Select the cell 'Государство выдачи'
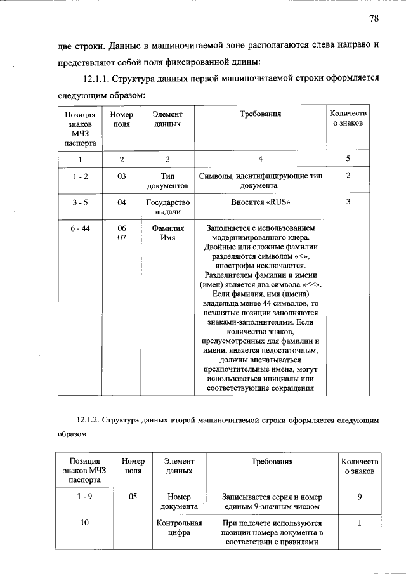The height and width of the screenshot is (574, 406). pos(167,207)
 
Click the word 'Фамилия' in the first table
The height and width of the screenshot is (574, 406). pos(167,228)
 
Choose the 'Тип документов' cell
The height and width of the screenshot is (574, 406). pos(167,181)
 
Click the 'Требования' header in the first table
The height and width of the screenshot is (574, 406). pos(260,114)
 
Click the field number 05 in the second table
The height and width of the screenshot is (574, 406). pos(133,497)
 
